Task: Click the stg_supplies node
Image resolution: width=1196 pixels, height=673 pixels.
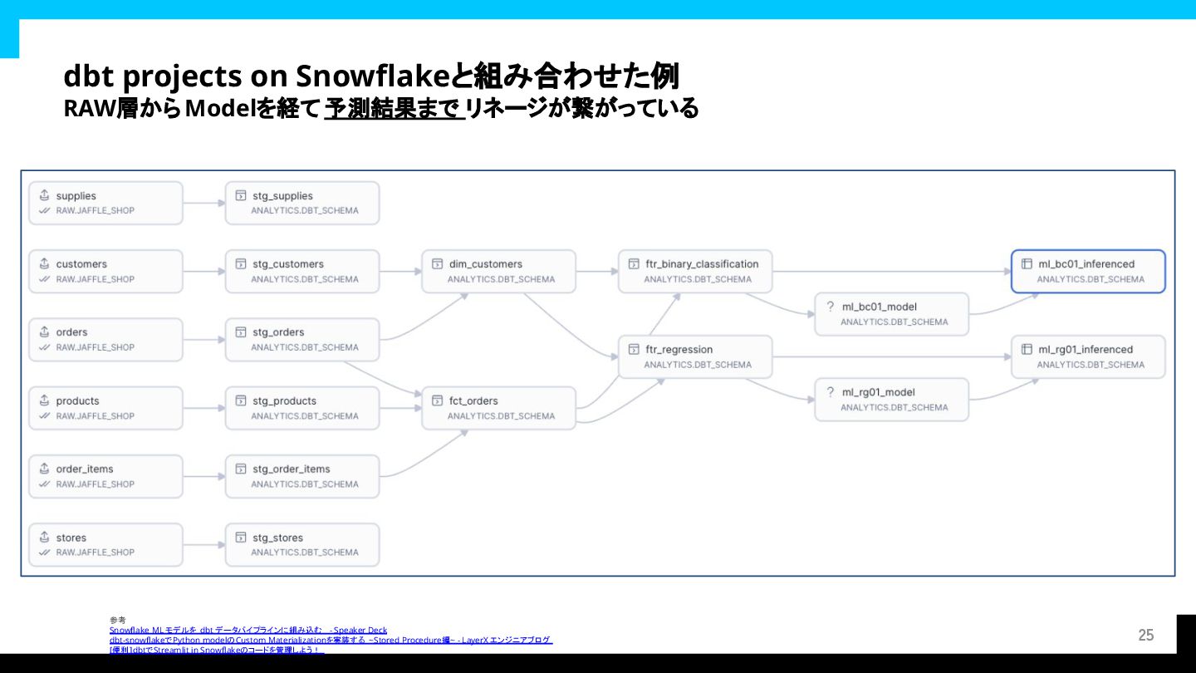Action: (x=302, y=203)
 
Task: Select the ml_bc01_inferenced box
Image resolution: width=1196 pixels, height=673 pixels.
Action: (x=1088, y=271)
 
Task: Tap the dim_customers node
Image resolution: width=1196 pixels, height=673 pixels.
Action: (x=498, y=271)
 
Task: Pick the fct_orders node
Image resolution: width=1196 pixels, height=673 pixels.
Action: (x=498, y=408)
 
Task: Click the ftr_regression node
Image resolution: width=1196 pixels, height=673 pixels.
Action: (x=695, y=356)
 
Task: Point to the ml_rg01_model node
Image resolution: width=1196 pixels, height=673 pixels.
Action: (x=891, y=400)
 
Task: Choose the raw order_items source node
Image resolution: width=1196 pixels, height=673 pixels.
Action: (x=105, y=476)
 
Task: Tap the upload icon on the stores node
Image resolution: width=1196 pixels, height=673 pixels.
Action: (x=44, y=538)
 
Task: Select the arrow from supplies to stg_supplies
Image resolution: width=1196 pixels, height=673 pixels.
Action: (x=203, y=203)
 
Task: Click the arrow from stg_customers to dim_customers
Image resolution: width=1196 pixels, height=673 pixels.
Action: (x=400, y=271)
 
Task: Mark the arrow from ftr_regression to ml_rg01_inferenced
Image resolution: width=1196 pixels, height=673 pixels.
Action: (x=891, y=356)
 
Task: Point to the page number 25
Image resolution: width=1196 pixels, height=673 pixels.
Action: (x=1146, y=636)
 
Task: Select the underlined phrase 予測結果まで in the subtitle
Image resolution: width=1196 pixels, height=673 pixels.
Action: (x=394, y=109)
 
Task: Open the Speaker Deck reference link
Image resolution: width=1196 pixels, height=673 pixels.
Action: (x=248, y=631)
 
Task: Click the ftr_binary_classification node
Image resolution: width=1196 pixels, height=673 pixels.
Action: (x=695, y=271)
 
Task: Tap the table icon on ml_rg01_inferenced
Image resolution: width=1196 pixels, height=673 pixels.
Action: (x=1027, y=349)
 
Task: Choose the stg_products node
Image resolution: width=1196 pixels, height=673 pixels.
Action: (x=302, y=408)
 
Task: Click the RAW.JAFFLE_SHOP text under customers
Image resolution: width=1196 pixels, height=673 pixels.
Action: (x=95, y=279)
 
